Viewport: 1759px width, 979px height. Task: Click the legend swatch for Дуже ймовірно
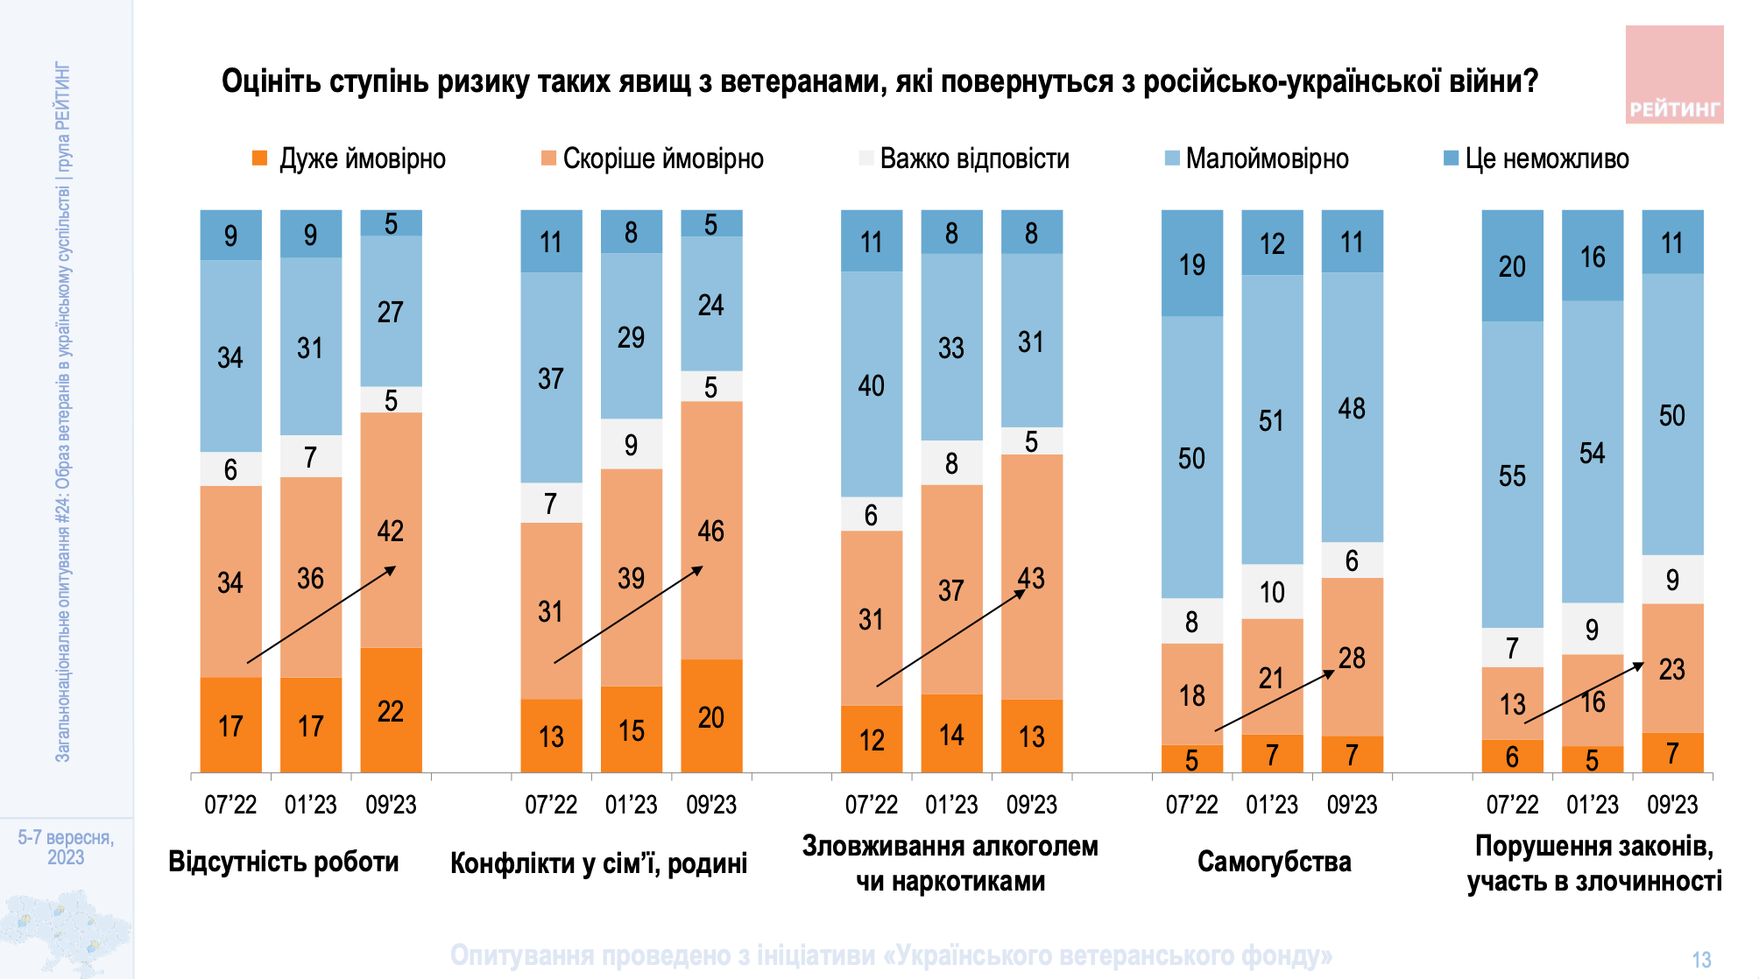tap(259, 158)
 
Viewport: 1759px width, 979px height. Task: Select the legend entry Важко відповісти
tap(973, 158)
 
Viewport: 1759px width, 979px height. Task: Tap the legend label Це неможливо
tap(1546, 158)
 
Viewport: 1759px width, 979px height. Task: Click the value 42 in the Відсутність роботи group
tap(391, 530)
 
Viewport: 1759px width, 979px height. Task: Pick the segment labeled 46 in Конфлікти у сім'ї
tap(711, 530)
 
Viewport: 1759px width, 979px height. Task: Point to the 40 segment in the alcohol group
tap(871, 384)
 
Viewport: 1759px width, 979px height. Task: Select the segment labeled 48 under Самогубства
tap(1352, 407)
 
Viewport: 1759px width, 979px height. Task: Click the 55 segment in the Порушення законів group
tap(1512, 475)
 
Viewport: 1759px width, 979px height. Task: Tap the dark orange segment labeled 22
tap(391, 710)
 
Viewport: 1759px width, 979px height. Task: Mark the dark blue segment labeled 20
tap(1512, 265)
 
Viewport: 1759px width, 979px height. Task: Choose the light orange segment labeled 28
tap(1352, 657)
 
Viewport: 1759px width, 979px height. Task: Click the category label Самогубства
tap(1274, 862)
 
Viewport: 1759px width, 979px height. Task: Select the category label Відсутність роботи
tap(283, 862)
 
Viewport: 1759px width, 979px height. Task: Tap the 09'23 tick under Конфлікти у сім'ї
tap(711, 804)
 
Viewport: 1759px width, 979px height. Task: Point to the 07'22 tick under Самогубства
tap(1191, 804)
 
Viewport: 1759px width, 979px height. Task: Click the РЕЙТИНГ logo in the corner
tap(1674, 74)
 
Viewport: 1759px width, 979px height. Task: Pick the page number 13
tap(1701, 960)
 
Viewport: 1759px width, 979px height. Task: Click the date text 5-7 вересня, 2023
tap(66, 847)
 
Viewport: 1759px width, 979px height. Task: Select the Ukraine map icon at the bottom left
tap(66, 933)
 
